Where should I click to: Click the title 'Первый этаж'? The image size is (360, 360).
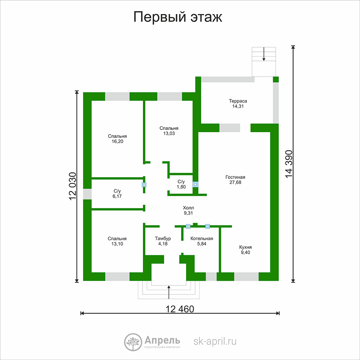[x=178, y=17]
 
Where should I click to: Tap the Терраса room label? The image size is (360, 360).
[x=238, y=101]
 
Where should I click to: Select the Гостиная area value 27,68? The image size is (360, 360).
[x=235, y=183]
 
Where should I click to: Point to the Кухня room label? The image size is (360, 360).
[x=246, y=247]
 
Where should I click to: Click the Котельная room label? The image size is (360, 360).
[x=202, y=239]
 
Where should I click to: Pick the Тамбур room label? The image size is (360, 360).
[x=163, y=239]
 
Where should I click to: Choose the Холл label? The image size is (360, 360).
[x=188, y=208]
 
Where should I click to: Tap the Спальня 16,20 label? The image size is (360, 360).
[x=117, y=139]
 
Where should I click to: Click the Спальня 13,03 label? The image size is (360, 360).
[x=169, y=131]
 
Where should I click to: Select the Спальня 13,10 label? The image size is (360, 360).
[x=117, y=241]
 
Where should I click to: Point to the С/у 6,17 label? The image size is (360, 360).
[x=117, y=194]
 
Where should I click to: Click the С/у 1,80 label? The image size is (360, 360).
[x=181, y=184]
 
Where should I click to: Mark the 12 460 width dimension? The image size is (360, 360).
[x=180, y=309]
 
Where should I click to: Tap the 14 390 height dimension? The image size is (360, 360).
[x=289, y=164]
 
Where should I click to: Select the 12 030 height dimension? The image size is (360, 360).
[x=73, y=186]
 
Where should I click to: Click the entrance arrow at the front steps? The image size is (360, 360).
[x=169, y=292]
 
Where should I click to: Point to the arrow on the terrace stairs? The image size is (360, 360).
[x=264, y=54]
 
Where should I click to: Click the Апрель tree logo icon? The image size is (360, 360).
[x=133, y=342]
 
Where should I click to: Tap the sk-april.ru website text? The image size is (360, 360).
[x=215, y=341]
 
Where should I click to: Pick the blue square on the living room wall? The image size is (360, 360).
[x=195, y=184]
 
